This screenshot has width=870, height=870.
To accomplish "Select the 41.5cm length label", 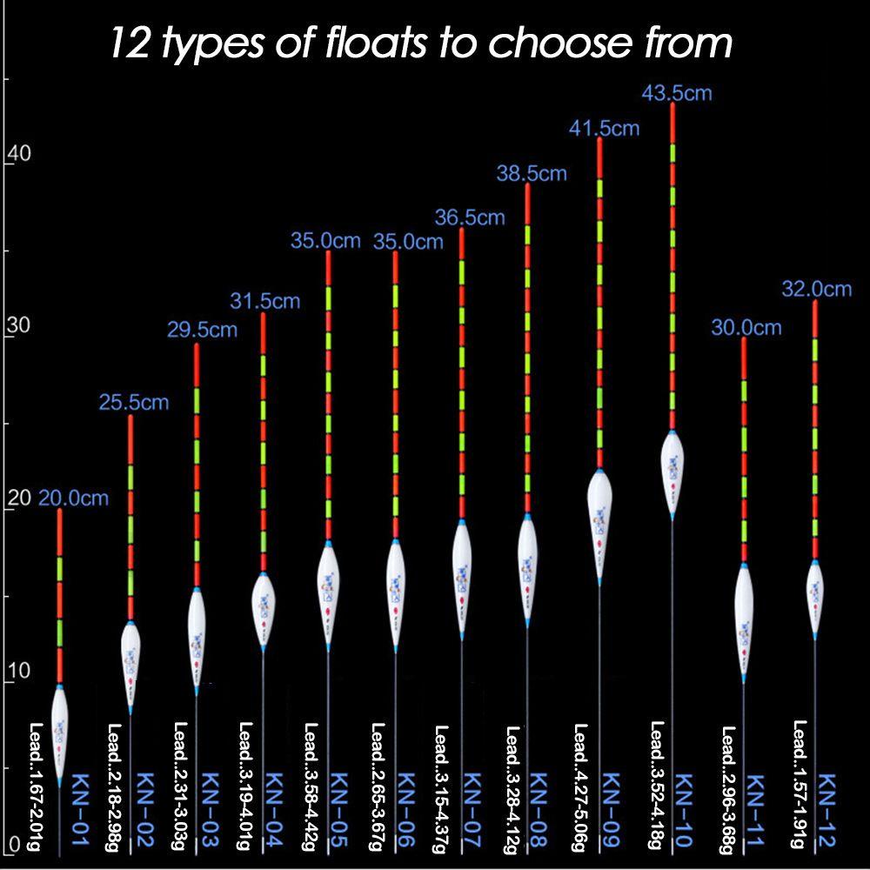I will point(604,129).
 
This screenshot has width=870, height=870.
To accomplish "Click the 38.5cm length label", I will point(531,173).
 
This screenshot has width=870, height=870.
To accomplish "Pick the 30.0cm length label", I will point(746,328).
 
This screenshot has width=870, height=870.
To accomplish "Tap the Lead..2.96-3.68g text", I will point(728,787).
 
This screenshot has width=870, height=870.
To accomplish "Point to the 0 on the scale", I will point(12,843).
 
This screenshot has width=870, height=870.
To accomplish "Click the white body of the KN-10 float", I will point(672,470).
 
